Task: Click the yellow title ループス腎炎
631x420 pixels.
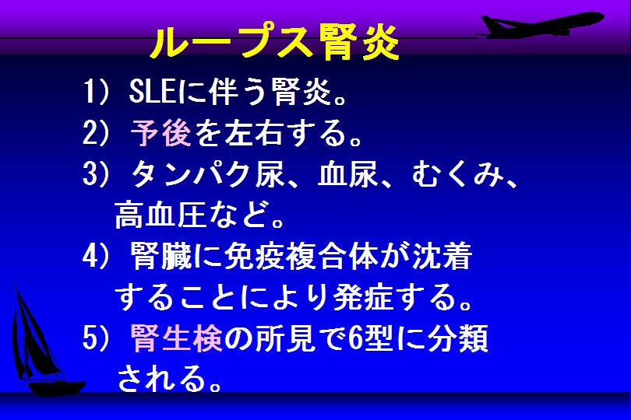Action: (275, 42)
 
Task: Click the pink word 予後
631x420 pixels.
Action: (160, 133)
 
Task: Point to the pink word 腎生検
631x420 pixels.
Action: (176, 338)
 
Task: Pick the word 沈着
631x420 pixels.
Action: (442, 256)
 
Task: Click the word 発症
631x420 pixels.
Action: (363, 297)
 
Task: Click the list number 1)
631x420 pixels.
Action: (95, 91)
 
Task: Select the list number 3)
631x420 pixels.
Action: (95, 174)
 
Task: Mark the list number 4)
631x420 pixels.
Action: (95, 257)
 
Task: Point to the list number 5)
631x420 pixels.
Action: (95, 338)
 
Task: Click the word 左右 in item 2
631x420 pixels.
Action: (253, 133)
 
